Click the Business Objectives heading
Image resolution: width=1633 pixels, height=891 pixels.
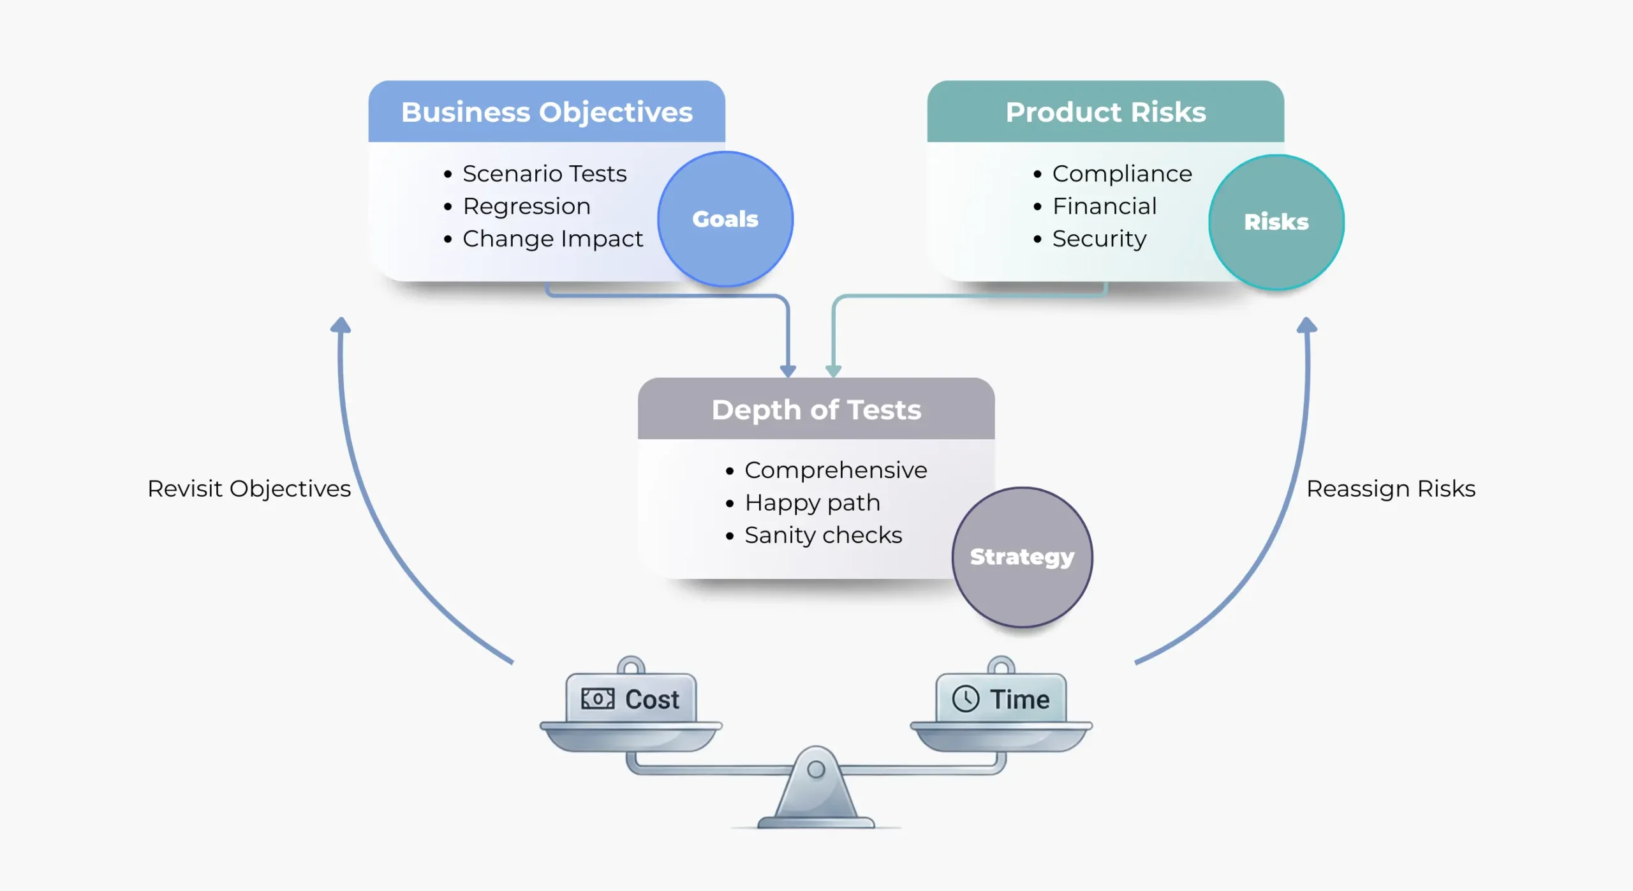tap(547, 112)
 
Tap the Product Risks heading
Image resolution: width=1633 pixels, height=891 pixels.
tap(1105, 112)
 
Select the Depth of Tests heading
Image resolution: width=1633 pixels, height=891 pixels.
tap(816, 410)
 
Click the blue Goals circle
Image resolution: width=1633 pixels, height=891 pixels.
tap(725, 219)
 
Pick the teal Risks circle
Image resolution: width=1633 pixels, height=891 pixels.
tap(1276, 222)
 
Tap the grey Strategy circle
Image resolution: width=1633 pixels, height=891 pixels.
tap(1022, 557)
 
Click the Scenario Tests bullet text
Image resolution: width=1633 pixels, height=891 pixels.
tap(544, 174)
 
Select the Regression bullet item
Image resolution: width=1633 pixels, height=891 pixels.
tap(526, 206)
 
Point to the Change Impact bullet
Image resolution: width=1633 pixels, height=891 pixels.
tap(552, 239)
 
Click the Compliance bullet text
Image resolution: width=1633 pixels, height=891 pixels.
tap(1121, 174)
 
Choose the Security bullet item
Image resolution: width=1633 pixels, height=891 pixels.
tap(1099, 239)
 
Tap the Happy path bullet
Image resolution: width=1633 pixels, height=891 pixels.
tap(812, 503)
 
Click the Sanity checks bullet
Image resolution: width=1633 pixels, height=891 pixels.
tap(823, 535)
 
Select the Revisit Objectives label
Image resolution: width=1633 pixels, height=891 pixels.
tap(249, 489)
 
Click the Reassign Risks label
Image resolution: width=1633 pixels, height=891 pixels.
tap(1391, 489)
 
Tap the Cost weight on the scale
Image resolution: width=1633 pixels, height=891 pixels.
tap(631, 699)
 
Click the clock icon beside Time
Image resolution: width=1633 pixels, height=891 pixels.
tap(965, 699)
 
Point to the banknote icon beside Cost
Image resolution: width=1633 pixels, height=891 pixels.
tap(597, 699)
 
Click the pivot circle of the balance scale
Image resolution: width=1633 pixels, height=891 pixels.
tap(816, 769)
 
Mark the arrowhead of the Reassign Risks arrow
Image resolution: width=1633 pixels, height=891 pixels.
tap(1306, 326)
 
